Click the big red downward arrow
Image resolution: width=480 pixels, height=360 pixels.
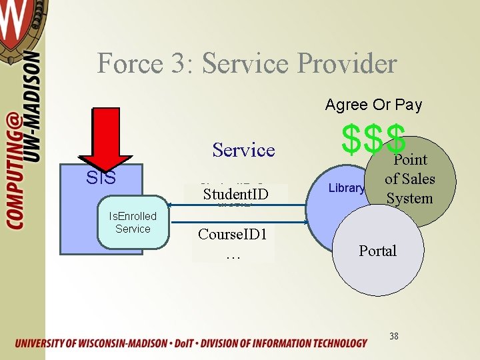[105, 137]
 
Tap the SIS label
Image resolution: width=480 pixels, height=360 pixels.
[101, 178]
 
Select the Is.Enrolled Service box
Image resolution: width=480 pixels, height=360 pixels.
[133, 223]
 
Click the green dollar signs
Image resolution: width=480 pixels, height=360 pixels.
[373, 137]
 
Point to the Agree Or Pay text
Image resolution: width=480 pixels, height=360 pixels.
[373, 105]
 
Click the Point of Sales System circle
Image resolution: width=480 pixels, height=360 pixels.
[409, 179]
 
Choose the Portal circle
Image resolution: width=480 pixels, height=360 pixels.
[377, 251]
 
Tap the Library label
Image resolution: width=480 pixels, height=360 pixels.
[347, 188]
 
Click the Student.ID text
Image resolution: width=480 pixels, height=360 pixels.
[235, 194]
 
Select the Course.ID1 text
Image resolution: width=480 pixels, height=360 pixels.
[233, 235]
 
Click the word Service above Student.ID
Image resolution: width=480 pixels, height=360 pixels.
[243, 150]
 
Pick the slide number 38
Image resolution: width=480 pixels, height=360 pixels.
[394, 336]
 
